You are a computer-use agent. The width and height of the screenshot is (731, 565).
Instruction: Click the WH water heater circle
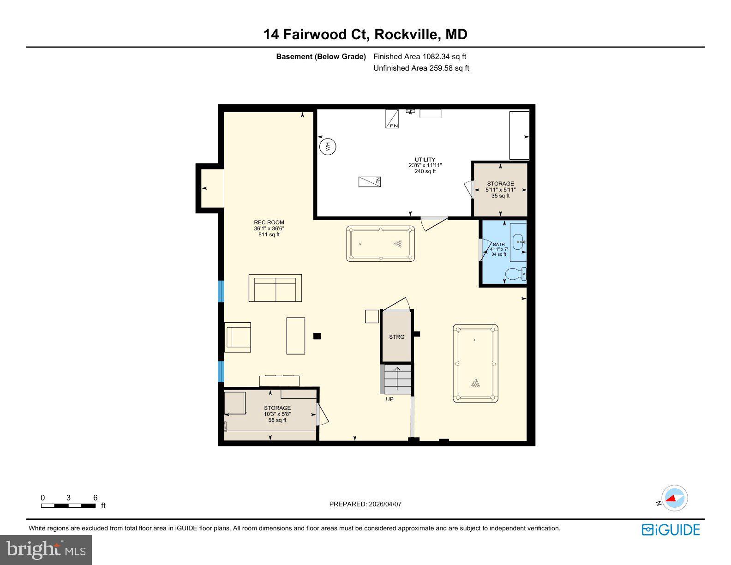tap(328, 147)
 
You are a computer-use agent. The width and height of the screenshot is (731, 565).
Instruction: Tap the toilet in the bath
tap(515, 274)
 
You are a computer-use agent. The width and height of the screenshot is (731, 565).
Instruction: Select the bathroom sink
tap(518, 241)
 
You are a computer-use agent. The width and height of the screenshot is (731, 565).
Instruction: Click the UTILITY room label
tap(425, 160)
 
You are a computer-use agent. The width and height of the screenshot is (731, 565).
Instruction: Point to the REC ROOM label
tap(269, 222)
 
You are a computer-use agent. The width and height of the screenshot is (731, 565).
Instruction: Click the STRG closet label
tap(396, 337)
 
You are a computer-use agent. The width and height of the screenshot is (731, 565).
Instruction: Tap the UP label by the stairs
tap(389, 399)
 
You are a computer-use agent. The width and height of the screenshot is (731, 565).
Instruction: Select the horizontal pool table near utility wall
tap(381, 243)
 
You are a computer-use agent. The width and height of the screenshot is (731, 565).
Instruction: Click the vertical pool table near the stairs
tap(475, 364)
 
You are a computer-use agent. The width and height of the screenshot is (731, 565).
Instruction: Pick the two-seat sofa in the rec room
tap(275, 288)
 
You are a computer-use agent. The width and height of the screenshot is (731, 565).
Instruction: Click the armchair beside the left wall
tap(238, 337)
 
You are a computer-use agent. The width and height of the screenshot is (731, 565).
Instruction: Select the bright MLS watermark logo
tap(46, 550)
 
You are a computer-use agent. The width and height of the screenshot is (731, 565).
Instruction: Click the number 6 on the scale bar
tap(96, 498)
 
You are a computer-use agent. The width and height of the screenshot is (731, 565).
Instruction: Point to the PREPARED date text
tap(365, 504)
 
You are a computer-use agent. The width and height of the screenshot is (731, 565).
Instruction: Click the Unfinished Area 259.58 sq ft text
tap(421, 68)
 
